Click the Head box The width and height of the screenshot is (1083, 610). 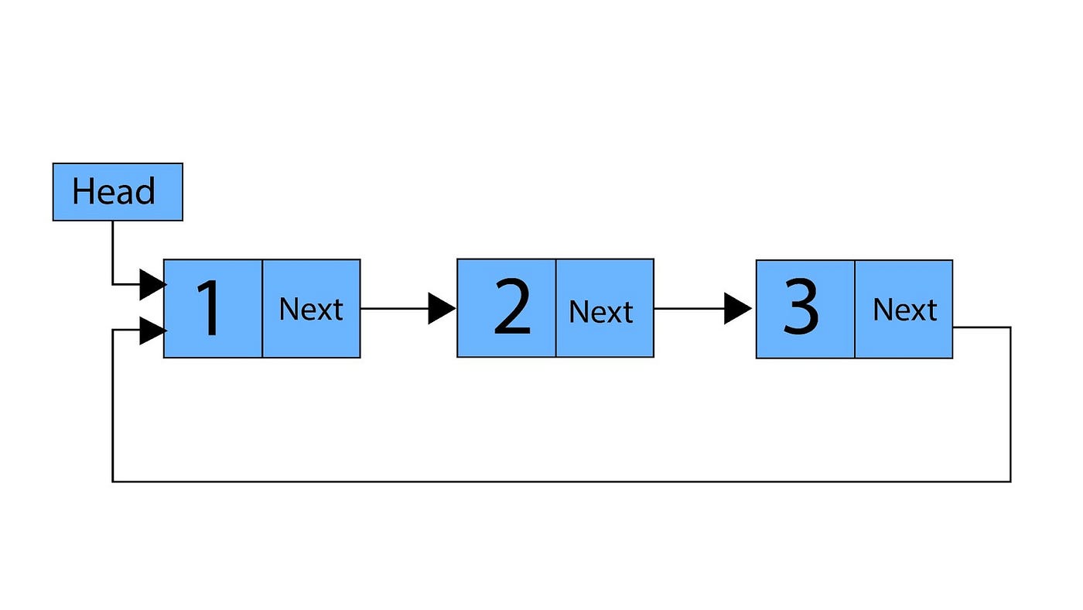click(118, 191)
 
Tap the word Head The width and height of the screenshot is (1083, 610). click(113, 191)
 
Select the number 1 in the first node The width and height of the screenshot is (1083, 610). click(209, 308)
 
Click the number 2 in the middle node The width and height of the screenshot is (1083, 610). click(511, 308)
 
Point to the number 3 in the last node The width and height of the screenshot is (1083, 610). click(801, 308)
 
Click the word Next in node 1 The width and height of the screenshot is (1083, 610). click(311, 309)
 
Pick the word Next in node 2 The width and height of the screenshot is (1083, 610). click(601, 311)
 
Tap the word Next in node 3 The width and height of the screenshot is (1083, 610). click(905, 310)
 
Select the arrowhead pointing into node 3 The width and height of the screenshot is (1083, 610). click(737, 308)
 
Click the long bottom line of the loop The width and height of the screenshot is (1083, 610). click(561, 481)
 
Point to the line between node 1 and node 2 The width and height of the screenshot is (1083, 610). click(395, 308)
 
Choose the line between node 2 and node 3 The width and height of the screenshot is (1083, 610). click(688, 308)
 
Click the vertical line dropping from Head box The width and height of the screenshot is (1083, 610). click(113, 252)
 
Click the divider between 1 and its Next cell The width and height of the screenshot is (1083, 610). click(262, 308)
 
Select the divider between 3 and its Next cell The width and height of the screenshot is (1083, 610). click(855, 308)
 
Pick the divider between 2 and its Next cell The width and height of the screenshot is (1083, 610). click(555, 308)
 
